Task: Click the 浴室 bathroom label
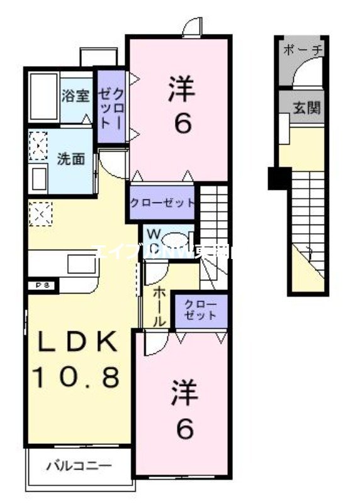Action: [x=76, y=96]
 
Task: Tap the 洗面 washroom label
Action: [x=71, y=158]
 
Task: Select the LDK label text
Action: [x=75, y=343]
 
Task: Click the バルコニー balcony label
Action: [x=79, y=467]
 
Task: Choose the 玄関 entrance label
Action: [x=307, y=108]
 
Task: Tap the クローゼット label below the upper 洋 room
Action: [x=162, y=203]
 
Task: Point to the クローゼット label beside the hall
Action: [x=201, y=310]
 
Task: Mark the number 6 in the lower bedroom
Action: [x=184, y=429]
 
